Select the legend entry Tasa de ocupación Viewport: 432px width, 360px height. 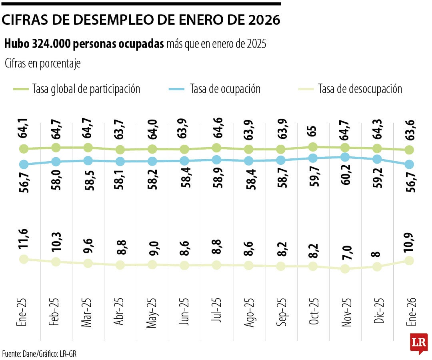[x=225, y=89]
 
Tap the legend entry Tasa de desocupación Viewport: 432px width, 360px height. [x=360, y=89]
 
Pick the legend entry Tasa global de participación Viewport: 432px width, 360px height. [x=86, y=89]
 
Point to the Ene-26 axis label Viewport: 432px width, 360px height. [x=409, y=313]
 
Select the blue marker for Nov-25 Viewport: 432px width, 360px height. [x=345, y=157]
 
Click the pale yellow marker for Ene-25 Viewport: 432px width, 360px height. [x=24, y=259]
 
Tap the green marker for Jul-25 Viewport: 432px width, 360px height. [x=216, y=148]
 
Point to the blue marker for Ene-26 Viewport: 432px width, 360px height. [x=409, y=164]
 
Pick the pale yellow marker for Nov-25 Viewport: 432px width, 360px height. [x=345, y=269]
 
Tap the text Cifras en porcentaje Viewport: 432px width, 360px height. [x=43, y=64]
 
